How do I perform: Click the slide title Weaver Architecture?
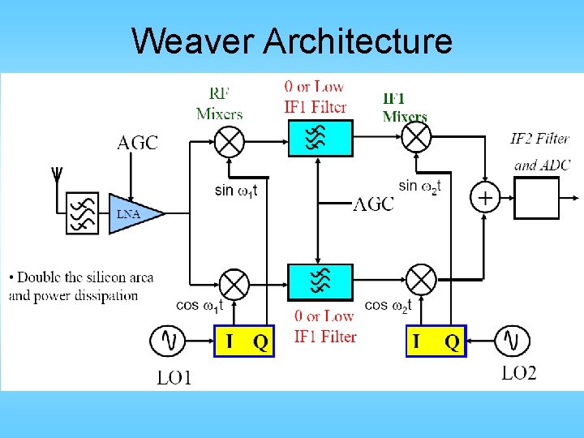coord(292,40)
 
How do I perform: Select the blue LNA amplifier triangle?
coord(134,214)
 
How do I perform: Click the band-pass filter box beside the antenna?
coord(82,213)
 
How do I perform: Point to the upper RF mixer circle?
coord(230,141)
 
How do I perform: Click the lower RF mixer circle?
coord(234,284)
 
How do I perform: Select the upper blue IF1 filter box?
coord(320,138)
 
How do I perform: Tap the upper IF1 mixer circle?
coord(418,139)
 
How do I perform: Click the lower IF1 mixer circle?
coord(421,281)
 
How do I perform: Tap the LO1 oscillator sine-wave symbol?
coord(168,340)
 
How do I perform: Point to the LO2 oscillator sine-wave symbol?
coord(512,340)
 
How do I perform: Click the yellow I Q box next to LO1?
coord(244,341)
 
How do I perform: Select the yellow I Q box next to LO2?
coord(436,341)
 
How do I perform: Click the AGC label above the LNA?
coord(138,144)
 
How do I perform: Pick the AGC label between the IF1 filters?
coord(373,204)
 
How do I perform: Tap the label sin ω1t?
coord(236,191)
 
